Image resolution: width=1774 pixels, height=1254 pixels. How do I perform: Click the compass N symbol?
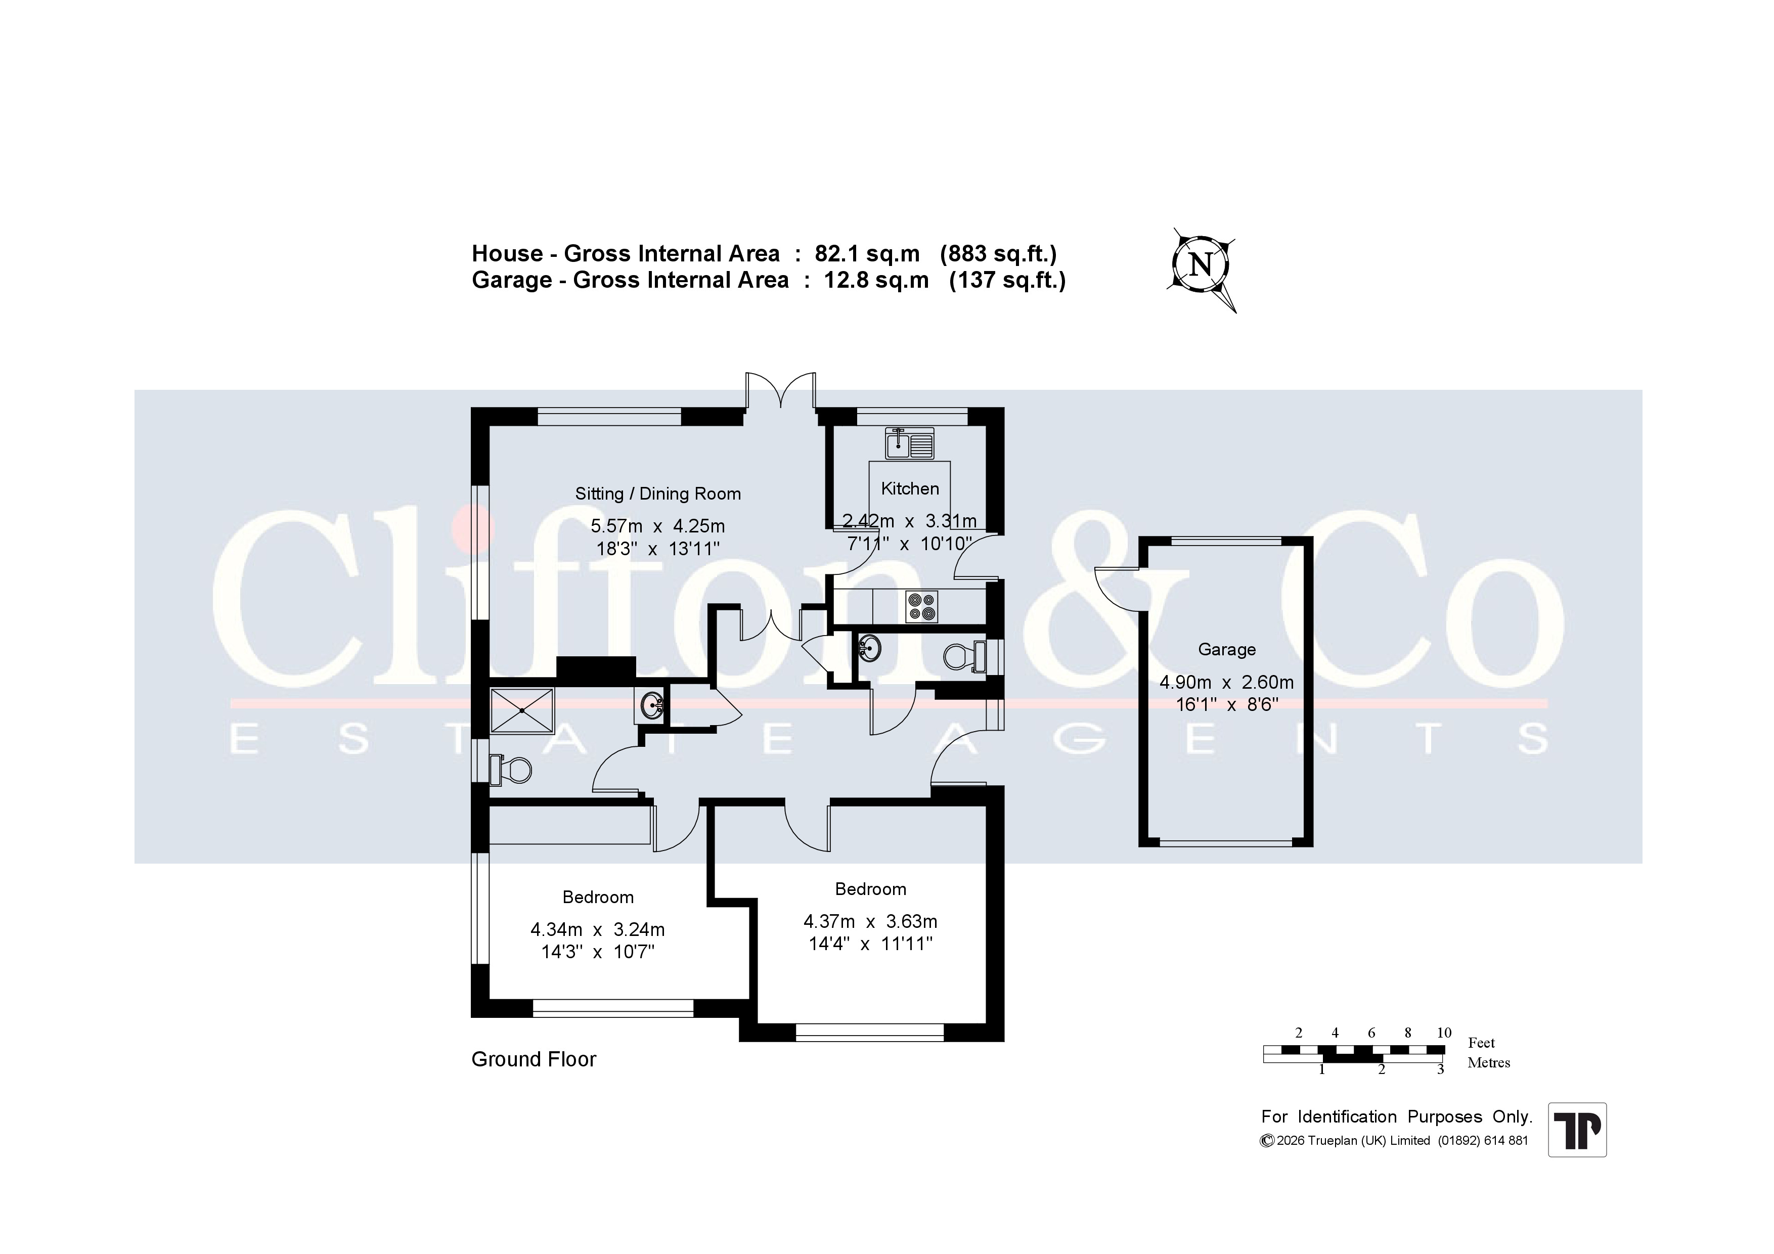(1201, 266)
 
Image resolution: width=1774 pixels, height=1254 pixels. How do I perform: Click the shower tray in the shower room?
(522, 710)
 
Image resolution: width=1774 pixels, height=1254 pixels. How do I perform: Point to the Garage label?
(1227, 650)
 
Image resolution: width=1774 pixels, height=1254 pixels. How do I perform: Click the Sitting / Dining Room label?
(657, 494)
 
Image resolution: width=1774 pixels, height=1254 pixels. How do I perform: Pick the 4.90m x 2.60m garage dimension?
(1226, 682)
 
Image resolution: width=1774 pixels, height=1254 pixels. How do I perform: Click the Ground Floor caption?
(534, 1059)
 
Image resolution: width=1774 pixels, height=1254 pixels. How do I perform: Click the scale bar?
(1354, 1052)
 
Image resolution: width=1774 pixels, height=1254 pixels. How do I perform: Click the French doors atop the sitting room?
(780, 390)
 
